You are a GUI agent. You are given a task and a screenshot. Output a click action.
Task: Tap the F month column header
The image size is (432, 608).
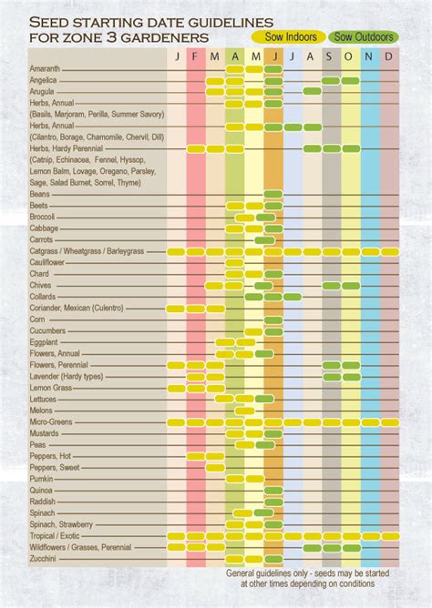(x=195, y=56)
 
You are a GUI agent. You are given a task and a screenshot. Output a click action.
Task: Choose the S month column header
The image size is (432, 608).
(x=331, y=56)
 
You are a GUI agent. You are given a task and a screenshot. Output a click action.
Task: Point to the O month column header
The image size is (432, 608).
(x=350, y=56)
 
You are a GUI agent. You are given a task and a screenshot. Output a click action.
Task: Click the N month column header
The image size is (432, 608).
(x=370, y=56)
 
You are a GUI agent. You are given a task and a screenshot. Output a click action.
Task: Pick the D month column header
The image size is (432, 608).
(x=389, y=56)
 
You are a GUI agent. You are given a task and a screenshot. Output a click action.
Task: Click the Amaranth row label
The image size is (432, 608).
(x=45, y=69)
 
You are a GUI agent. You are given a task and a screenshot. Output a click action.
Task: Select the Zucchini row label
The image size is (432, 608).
(x=44, y=559)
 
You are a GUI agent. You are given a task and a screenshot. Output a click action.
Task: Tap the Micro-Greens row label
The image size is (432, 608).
(x=51, y=422)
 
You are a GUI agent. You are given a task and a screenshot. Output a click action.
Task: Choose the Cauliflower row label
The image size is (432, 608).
(x=47, y=262)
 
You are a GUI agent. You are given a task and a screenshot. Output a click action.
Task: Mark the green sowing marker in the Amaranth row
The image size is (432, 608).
(x=273, y=69)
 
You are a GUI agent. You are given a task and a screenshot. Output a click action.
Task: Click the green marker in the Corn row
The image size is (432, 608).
(x=273, y=319)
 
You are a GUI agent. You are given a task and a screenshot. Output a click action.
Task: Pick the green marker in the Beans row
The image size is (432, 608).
(x=273, y=194)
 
